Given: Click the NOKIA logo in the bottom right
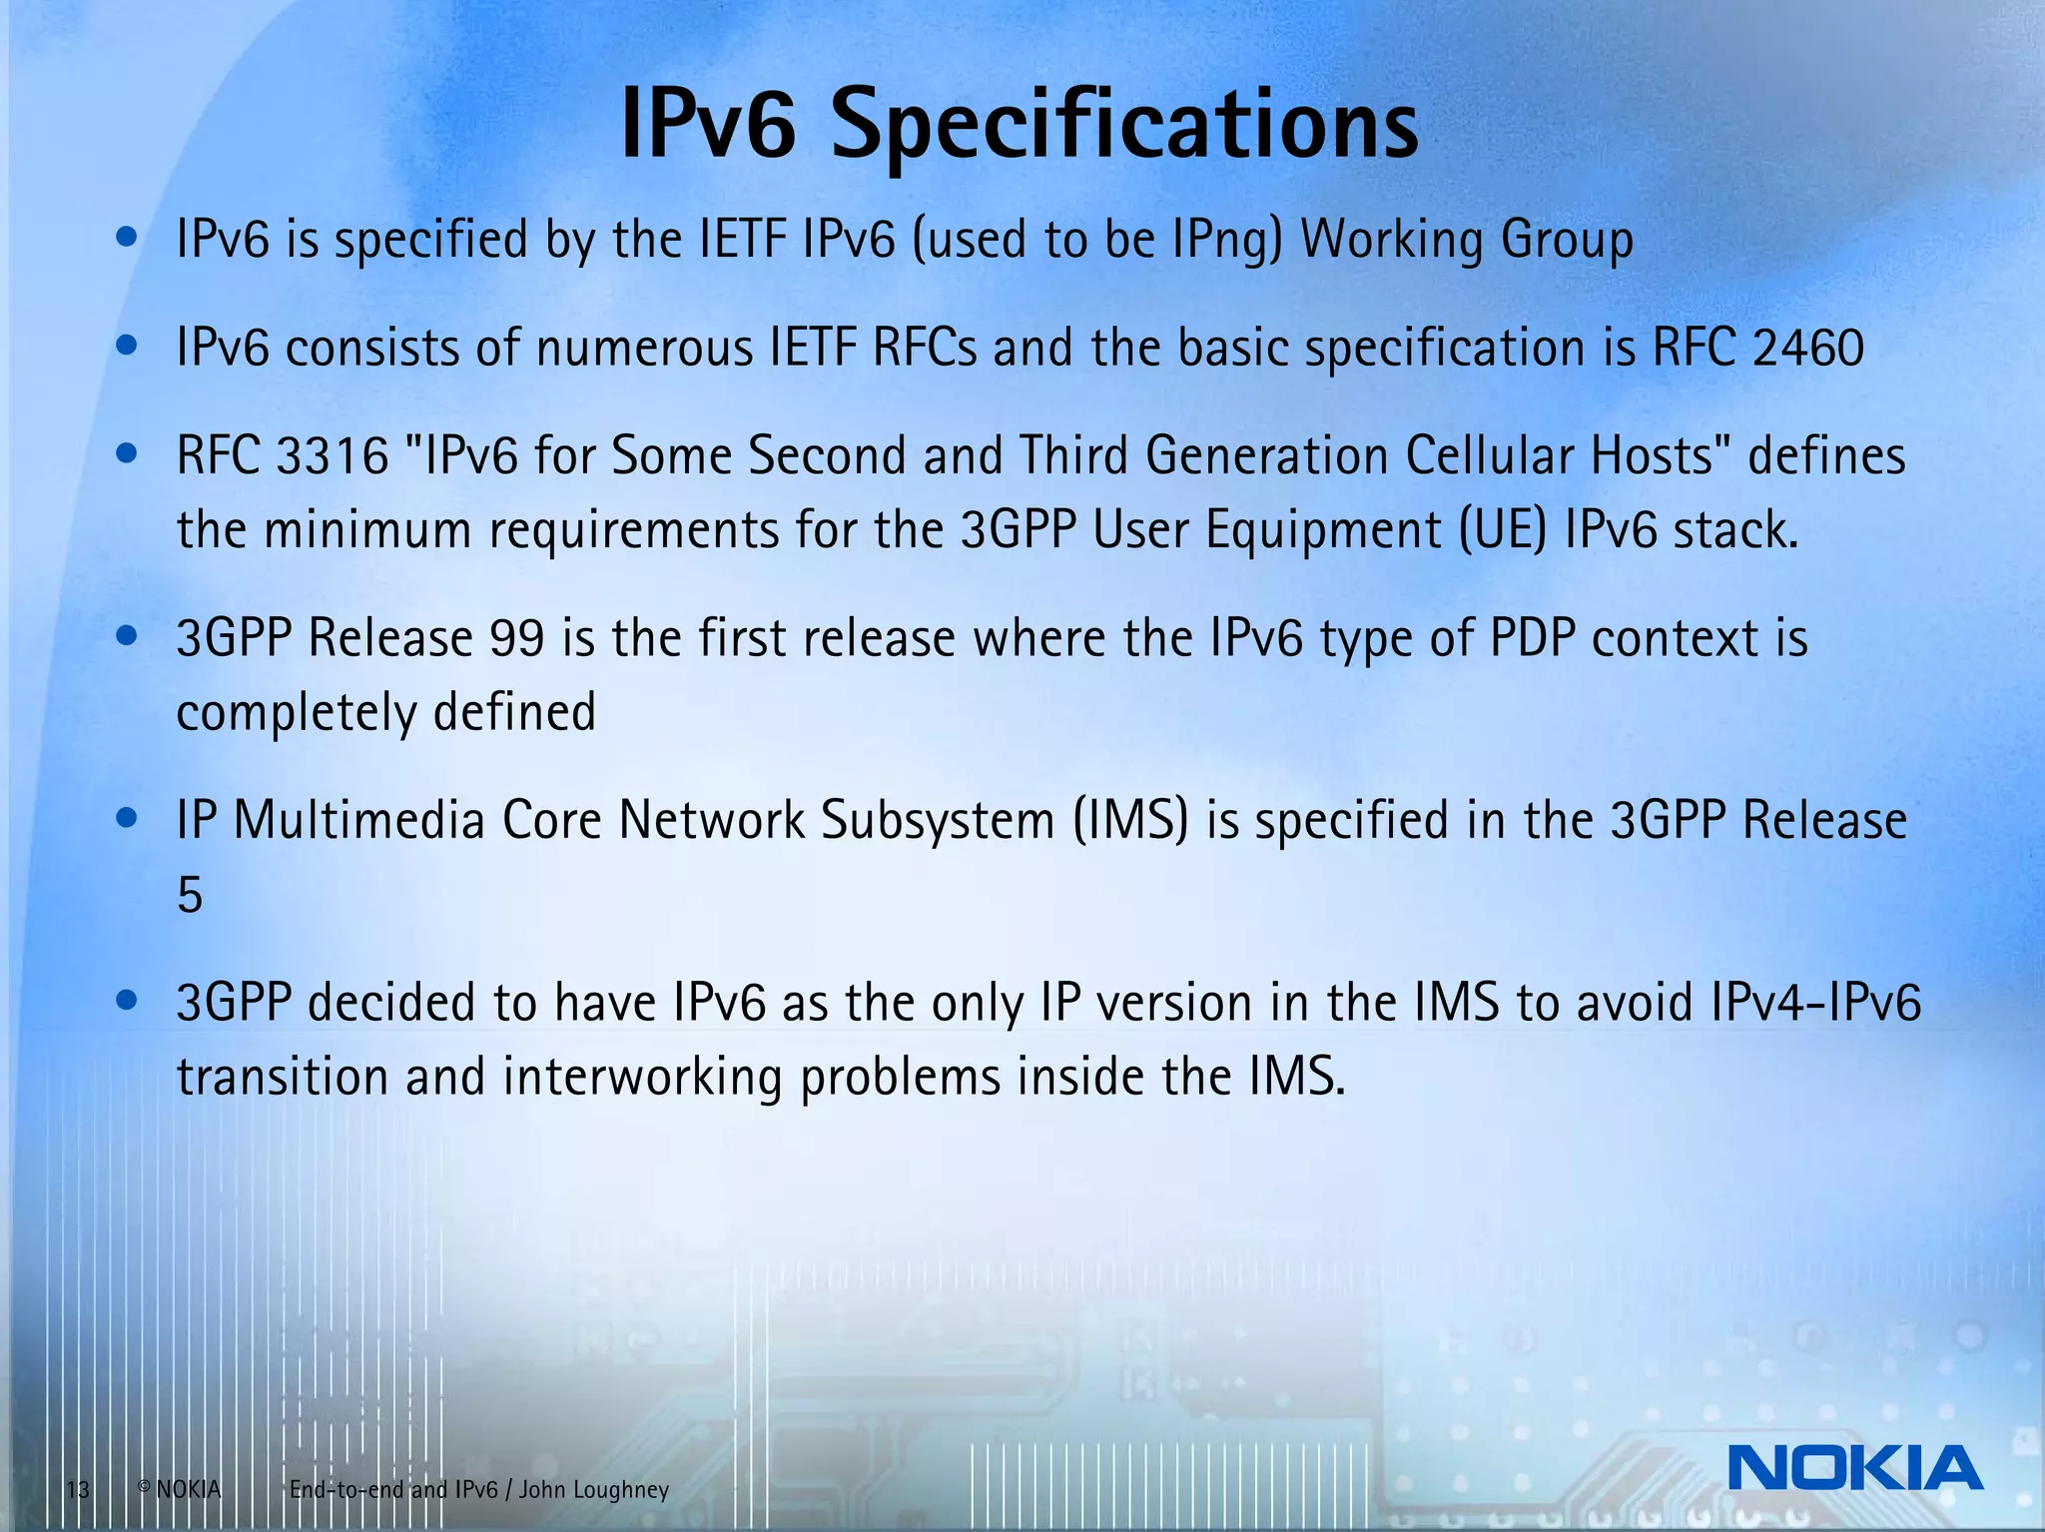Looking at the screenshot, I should click(1854, 1468).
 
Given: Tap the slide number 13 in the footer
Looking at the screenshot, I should click(78, 1491).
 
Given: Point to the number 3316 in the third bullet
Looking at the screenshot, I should click(333, 456).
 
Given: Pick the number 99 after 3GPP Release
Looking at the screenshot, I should click(517, 638).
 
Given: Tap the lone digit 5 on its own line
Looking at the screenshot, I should click(190, 895).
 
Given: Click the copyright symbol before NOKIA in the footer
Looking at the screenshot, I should click(144, 1488).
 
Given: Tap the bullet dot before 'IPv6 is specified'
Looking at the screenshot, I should click(126, 239).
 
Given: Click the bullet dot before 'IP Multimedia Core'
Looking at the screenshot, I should click(126, 820).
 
